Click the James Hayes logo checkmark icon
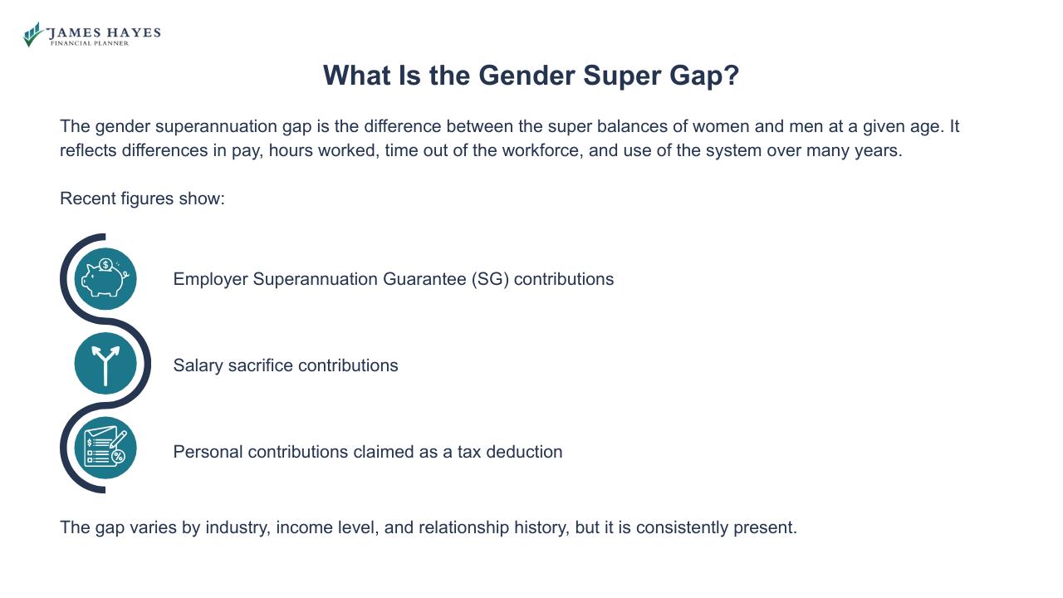point(33,34)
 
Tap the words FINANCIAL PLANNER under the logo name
point(90,43)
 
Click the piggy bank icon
point(105,279)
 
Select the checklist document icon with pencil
point(105,448)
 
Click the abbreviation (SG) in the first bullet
point(489,279)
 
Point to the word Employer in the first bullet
point(210,279)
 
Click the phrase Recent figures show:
point(142,199)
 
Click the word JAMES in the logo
point(71,32)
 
